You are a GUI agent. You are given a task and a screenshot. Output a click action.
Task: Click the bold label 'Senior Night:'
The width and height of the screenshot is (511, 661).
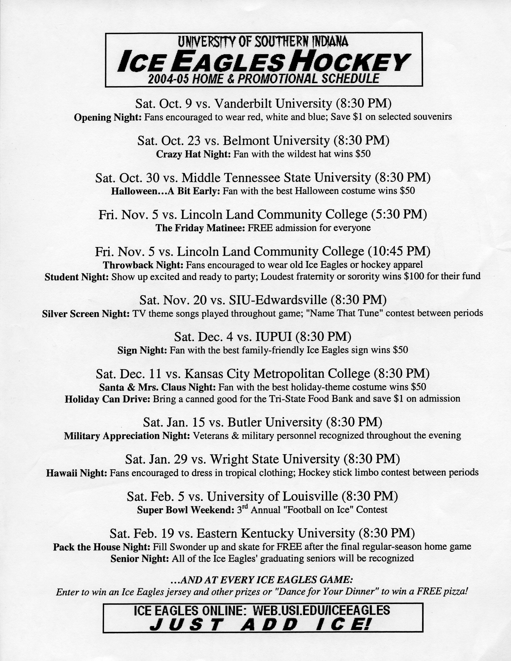(140, 558)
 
